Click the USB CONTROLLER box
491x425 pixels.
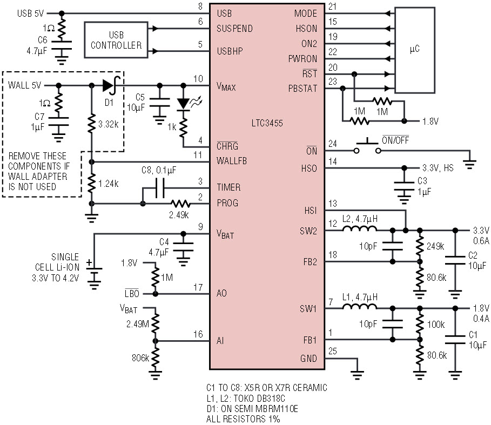[116, 39]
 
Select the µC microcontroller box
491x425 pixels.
[414, 49]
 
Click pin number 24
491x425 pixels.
[332, 144]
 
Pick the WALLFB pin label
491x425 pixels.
[232, 161]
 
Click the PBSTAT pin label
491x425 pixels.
[303, 88]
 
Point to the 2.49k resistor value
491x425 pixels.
[179, 215]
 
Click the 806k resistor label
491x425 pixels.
[139, 357]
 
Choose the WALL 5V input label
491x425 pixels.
[24, 85]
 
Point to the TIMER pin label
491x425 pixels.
[228, 187]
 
